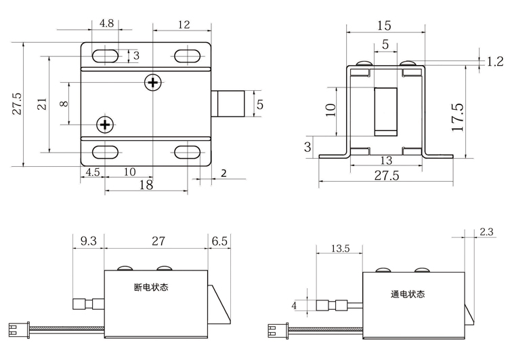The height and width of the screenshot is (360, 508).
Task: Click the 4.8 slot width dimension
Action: coord(106,22)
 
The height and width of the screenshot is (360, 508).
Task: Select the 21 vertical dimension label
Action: coord(42,104)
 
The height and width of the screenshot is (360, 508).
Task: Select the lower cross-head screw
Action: coord(104,124)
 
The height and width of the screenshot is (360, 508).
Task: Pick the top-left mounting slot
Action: coord(105,55)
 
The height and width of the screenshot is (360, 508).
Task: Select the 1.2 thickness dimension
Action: coord(494,62)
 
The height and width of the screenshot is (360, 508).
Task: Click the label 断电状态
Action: coord(151,287)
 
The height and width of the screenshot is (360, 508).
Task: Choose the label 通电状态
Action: coord(408,294)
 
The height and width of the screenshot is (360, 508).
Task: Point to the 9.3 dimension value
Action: coord(88,240)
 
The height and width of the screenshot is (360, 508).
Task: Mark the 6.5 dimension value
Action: coord(220,240)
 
